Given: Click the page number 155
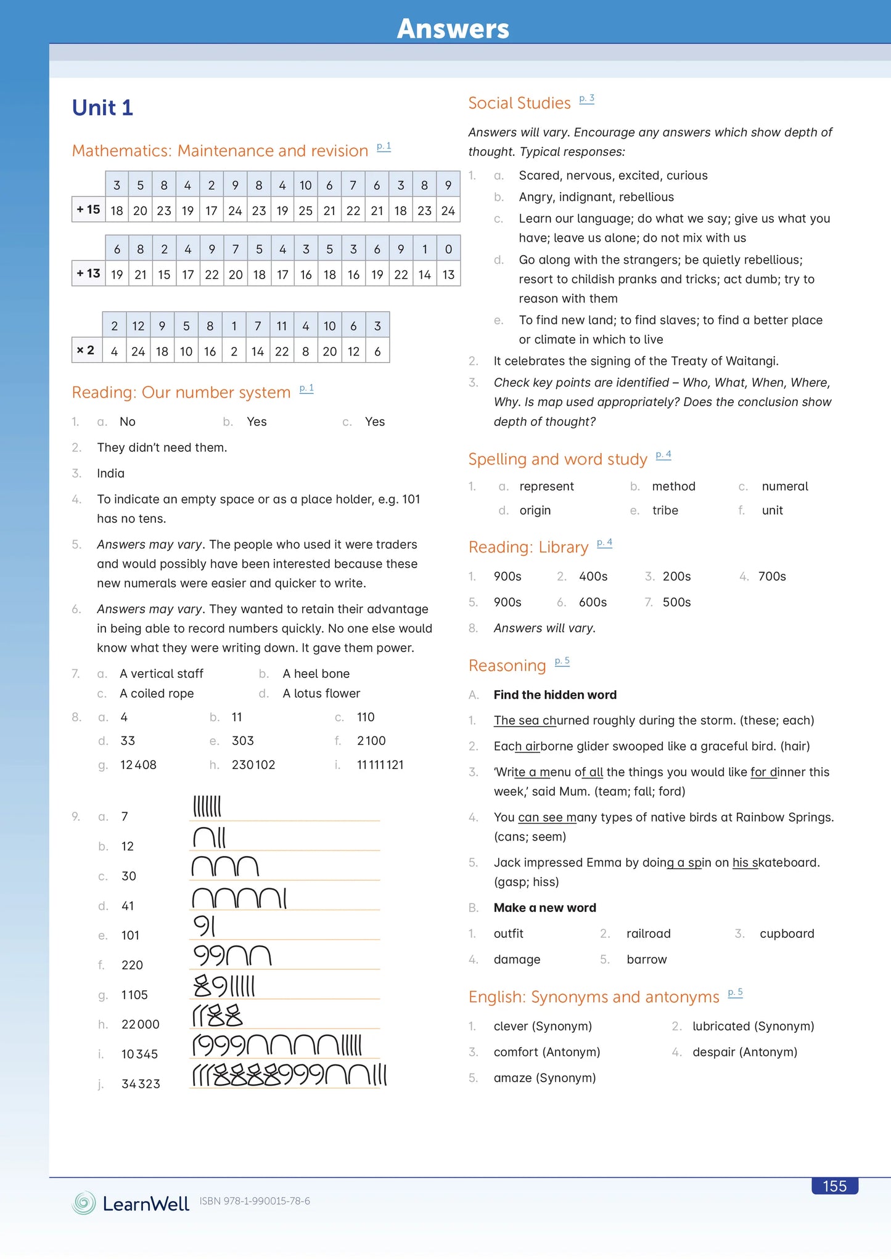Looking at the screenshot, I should [x=834, y=1186].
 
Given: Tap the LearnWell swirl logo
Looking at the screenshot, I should [x=84, y=1203].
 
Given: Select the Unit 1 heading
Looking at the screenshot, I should [x=102, y=108].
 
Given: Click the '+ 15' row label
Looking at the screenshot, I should [x=88, y=210].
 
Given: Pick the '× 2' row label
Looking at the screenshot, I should [x=86, y=351].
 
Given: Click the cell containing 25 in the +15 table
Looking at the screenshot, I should [x=306, y=211].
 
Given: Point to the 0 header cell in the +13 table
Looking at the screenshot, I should [x=448, y=249].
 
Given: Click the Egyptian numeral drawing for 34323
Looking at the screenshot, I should [x=289, y=1075].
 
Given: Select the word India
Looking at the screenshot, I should [x=110, y=473].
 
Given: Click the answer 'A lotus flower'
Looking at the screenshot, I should [x=321, y=693].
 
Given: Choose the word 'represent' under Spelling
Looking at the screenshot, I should [x=546, y=486].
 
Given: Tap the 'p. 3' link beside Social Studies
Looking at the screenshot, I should [x=586, y=99].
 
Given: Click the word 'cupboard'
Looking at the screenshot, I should [x=787, y=934].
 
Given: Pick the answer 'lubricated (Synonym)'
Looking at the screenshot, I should [x=753, y=1026].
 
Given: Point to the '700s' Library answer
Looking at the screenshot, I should [x=772, y=576].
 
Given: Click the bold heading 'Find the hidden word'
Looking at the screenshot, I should [x=555, y=695].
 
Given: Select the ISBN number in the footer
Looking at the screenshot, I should [x=255, y=1201].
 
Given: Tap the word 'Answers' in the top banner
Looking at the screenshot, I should [x=453, y=29].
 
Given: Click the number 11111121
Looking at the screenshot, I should [x=380, y=765].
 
